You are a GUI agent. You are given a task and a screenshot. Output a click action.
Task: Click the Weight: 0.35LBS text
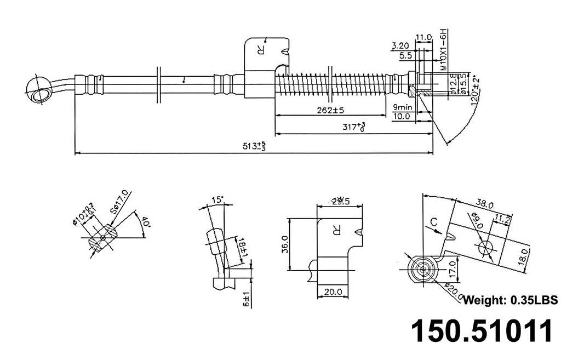click(x=510, y=300)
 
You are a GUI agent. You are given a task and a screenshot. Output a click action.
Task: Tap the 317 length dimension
click(x=353, y=128)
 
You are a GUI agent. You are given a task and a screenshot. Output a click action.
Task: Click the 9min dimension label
click(x=403, y=107)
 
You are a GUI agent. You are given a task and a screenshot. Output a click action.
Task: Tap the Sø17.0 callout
click(x=119, y=201)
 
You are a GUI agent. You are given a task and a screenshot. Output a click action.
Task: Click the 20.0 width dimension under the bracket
click(x=333, y=292)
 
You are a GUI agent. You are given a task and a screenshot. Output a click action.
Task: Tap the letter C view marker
click(x=433, y=222)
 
